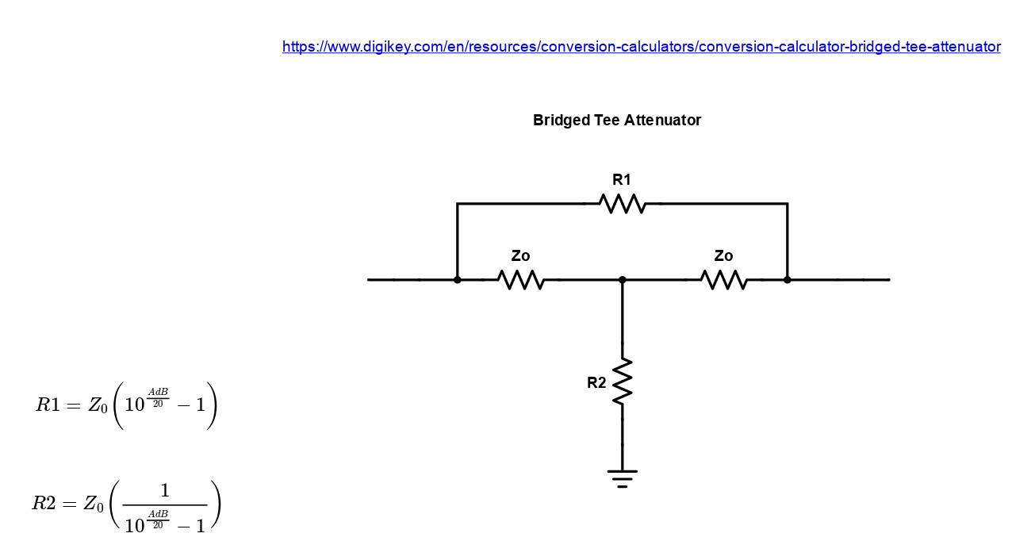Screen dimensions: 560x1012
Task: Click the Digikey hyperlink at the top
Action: click(x=641, y=47)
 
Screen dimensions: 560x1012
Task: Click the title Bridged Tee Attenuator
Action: click(x=617, y=121)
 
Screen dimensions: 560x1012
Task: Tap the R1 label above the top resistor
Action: click(x=622, y=180)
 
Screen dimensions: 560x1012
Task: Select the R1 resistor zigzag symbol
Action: click(x=623, y=204)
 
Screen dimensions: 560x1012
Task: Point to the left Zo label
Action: click(x=520, y=256)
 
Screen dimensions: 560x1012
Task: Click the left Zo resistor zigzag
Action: click(x=521, y=280)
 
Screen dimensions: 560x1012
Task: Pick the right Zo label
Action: click(x=723, y=256)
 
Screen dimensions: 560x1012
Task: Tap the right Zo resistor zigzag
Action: click(x=724, y=280)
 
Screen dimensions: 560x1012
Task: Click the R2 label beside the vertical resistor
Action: click(x=596, y=383)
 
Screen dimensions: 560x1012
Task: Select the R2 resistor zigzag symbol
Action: click(x=623, y=382)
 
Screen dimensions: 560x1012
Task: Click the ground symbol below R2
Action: click(x=623, y=478)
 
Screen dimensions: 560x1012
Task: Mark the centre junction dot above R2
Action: click(x=623, y=280)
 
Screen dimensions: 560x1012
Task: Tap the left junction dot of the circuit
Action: click(x=458, y=280)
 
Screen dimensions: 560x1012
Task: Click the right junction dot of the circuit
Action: click(x=788, y=280)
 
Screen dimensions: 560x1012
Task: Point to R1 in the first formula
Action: click(x=48, y=405)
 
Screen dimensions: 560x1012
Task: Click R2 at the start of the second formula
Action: click(x=44, y=504)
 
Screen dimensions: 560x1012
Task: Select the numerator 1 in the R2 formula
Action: click(x=165, y=491)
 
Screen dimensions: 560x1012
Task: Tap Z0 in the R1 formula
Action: click(x=98, y=406)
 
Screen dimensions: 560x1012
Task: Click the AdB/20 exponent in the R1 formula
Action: click(x=158, y=397)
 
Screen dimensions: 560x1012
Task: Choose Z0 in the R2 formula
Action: click(x=94, y=504)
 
